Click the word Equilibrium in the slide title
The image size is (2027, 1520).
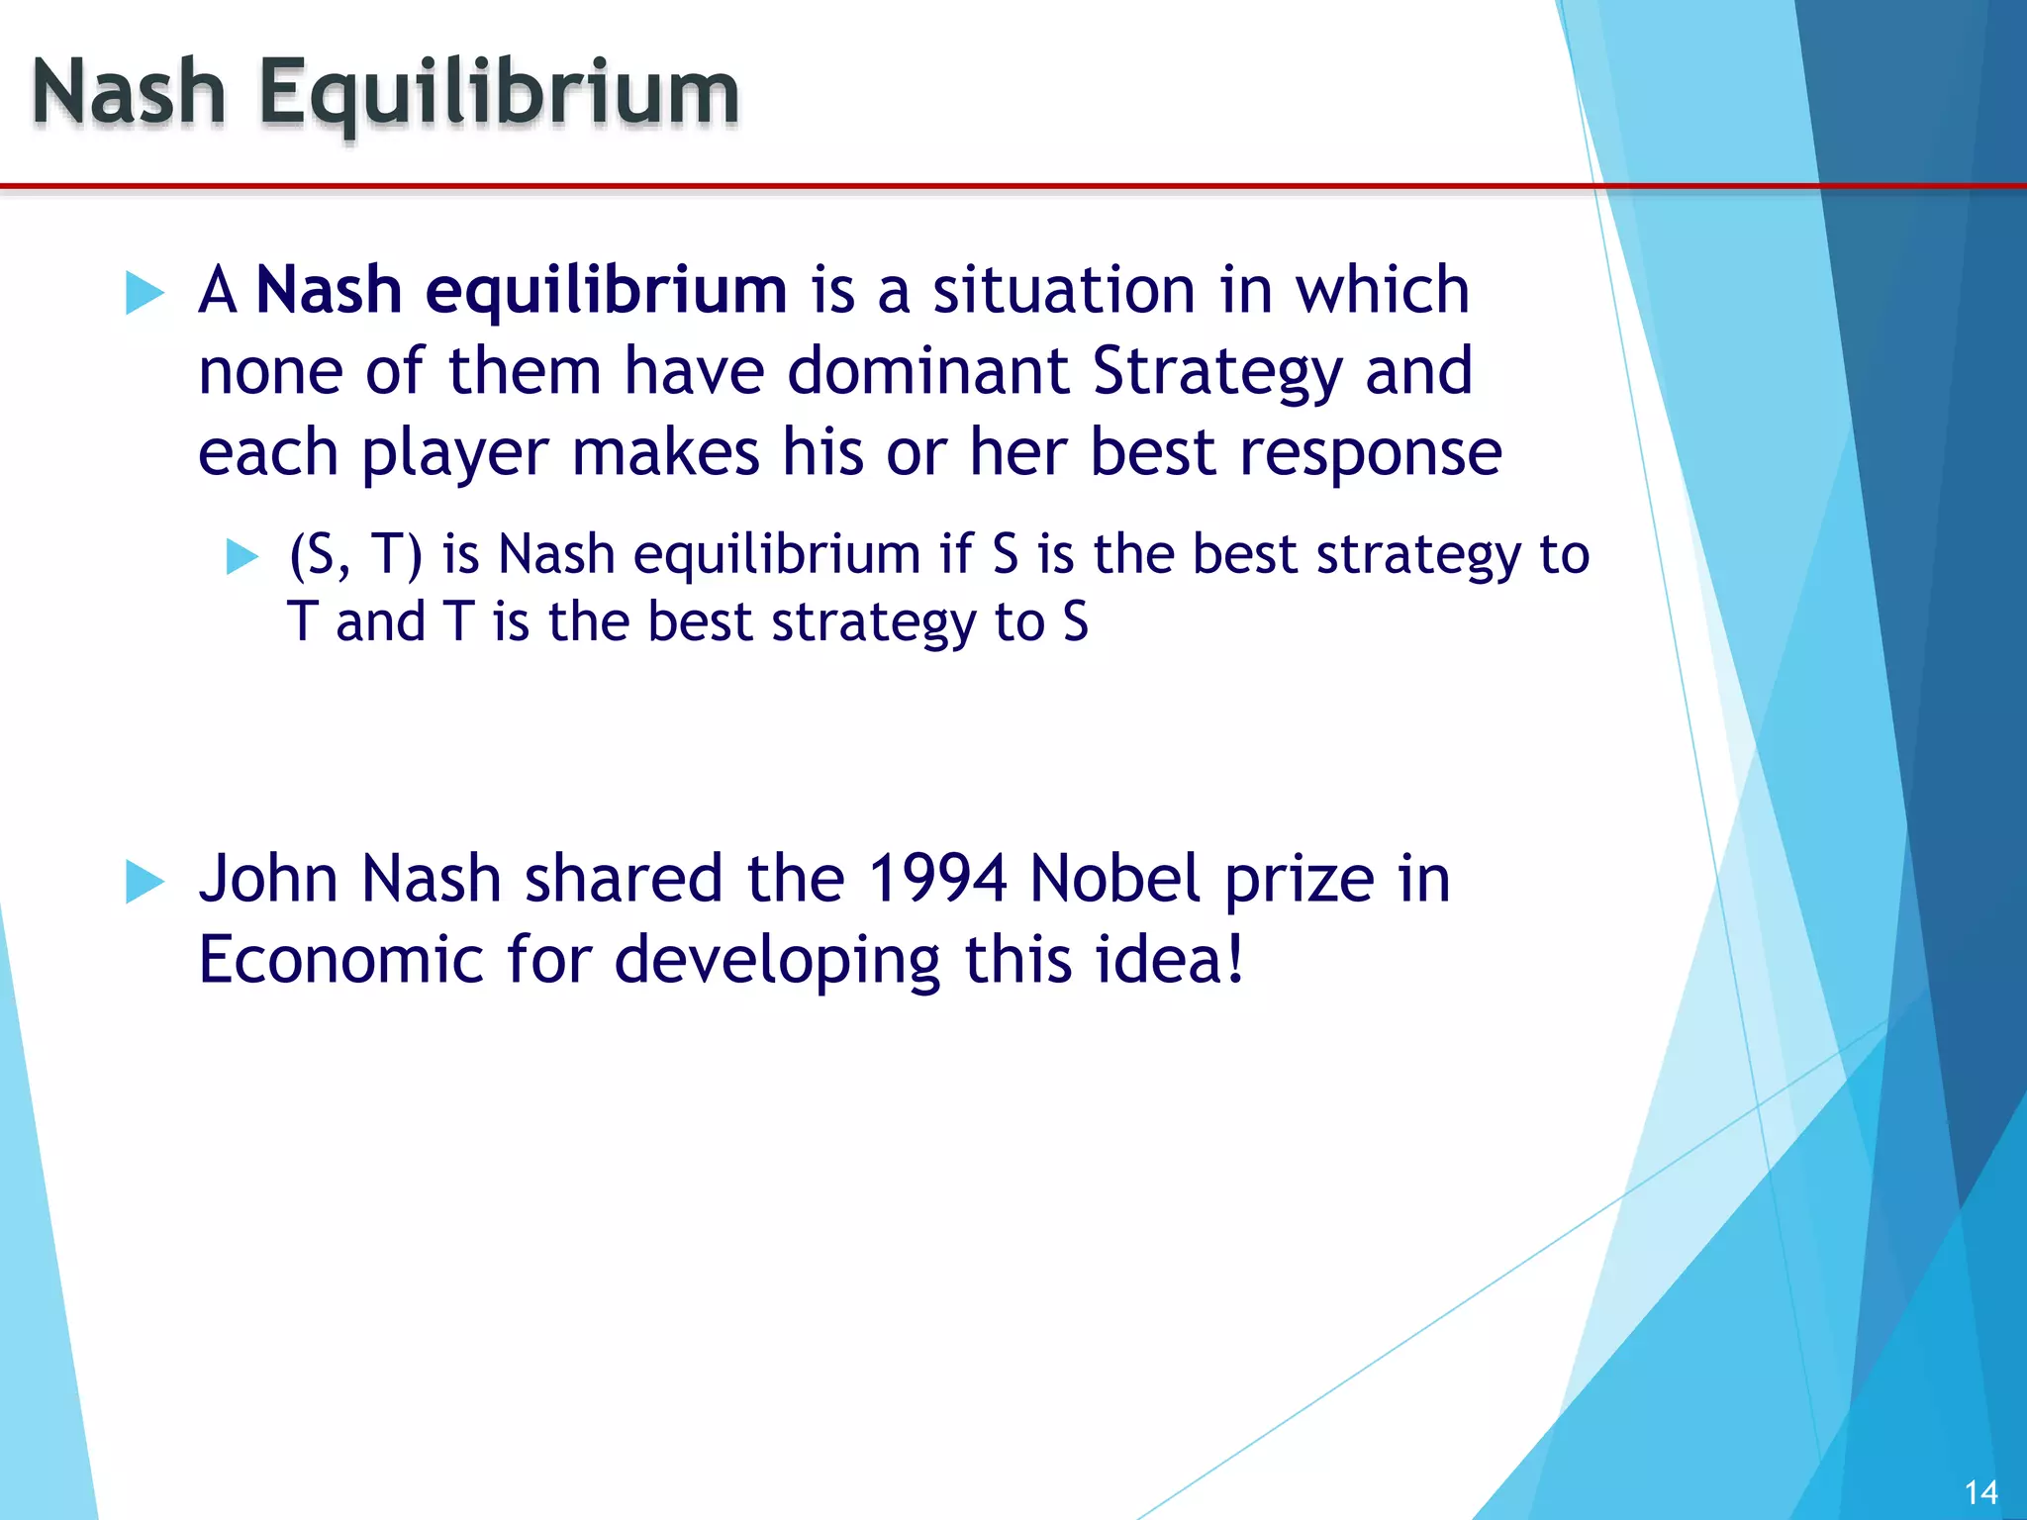point(499,95)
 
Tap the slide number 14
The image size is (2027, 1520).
point(1980,1492)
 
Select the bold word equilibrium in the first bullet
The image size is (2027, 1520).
point(606,292)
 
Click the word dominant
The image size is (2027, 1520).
point(928,371)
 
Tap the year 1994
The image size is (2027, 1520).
point(937,879)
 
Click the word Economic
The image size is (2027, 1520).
point(340,960)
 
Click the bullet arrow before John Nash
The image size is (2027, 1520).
point(145,882)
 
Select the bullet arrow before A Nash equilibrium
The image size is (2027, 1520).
point(145,293)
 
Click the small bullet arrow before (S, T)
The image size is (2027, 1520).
point(241,556)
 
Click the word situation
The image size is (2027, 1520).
point(1065,291)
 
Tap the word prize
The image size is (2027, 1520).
point(1300,881)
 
